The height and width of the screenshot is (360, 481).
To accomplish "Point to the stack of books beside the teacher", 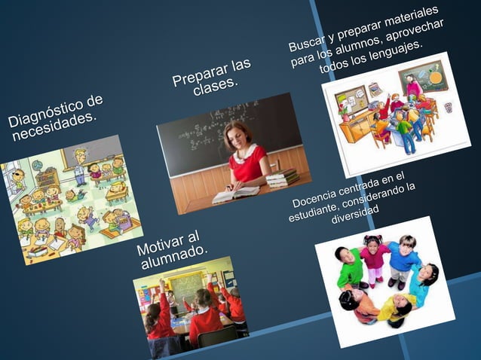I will click(281, 178).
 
